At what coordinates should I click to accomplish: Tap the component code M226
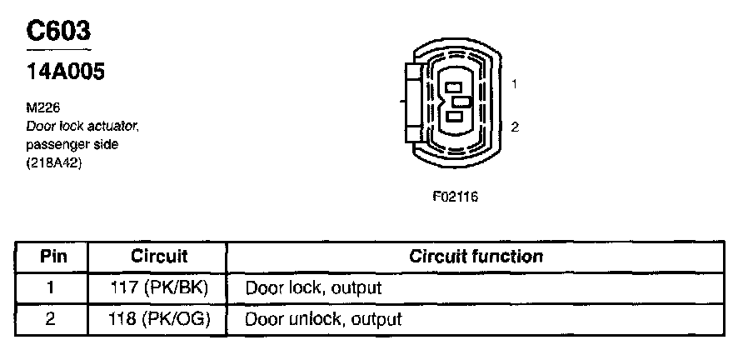coord(42,107)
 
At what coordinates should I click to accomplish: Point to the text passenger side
coord(72,143)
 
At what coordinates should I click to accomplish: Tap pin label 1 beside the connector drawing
coord(516,84)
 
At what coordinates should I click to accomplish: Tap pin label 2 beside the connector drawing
coord(516,127)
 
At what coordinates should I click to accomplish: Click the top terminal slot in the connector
coord(453,86)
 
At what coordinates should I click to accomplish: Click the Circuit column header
coord(159,257)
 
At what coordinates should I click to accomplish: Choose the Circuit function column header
coord(476,257)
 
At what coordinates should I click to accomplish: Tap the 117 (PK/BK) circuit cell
coord(159,287)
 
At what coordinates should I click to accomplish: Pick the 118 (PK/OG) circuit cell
coord(159,318)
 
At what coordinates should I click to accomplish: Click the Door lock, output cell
coord(312,288)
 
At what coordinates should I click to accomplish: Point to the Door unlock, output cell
coord(323,318)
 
